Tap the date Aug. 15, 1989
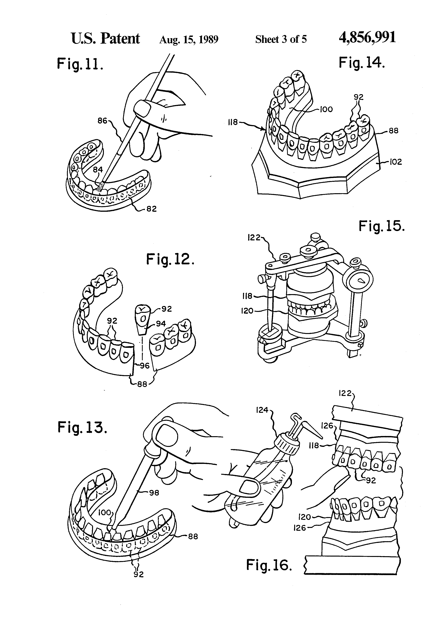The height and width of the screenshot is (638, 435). pos(189,40)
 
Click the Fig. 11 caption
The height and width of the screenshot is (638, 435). pos(80,64)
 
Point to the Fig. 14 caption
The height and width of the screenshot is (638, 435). pos(361,63)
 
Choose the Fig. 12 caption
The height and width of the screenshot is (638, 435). pos(170,259)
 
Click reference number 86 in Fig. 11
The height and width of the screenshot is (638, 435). pos(103,121)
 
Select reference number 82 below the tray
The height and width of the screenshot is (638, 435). pos(151,209)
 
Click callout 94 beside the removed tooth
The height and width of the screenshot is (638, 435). pos(161,324)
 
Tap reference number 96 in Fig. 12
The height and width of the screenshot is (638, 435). pos(145,366)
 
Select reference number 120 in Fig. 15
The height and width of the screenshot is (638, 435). pos(247,311)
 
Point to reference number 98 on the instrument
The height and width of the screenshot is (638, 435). pos(154,493)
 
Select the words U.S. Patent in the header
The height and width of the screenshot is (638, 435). pos(106,38)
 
